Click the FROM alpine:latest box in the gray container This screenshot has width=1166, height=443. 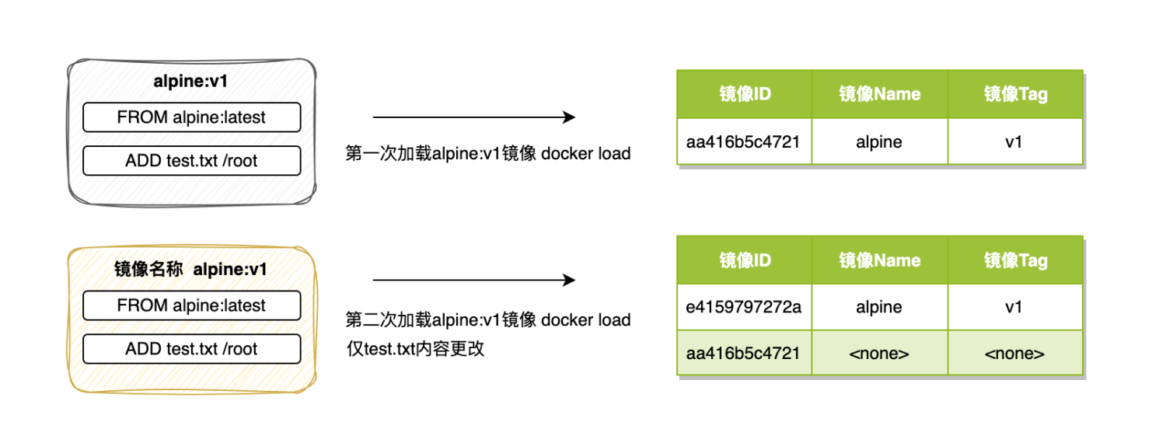(191, 117)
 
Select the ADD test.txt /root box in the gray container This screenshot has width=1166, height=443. (191, 161)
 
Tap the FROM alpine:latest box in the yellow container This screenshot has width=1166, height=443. (191, 305)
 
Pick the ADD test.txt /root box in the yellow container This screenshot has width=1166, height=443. (191, 349)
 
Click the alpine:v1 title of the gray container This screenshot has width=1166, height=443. (190, 82)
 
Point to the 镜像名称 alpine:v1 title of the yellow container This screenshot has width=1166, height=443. (190, 270)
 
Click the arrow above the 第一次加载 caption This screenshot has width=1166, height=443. (473, 117)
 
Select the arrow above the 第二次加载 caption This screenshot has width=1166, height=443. (473, 280)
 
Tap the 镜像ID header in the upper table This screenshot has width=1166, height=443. (744, 95)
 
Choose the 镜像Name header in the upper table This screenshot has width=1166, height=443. (879, 95)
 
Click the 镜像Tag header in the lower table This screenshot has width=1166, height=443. (1015, 260)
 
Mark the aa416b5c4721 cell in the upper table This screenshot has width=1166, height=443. (744, 141)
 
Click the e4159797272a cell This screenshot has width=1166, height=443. (744, 307)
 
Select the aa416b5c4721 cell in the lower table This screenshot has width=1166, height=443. (744, 354)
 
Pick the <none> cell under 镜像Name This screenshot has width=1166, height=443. (879, 354)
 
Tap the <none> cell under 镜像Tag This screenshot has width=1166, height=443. (1015, 354)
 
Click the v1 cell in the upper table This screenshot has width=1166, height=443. (1015, 141)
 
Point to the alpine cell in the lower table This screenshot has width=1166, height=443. (879, 307)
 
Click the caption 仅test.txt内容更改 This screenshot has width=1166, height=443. (415, 348)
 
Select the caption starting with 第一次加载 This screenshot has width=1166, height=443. (487, 153)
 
